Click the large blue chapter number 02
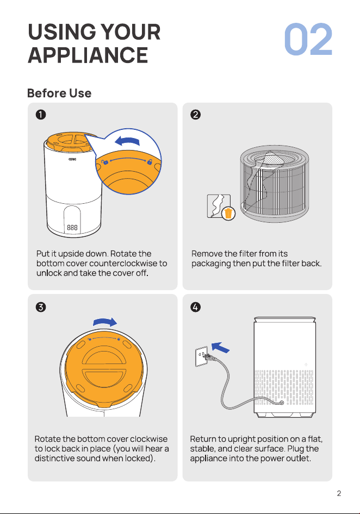tap(308, 39)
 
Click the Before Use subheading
tap(59, 93)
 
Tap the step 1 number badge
tap(41, 115)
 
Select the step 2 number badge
tap(196, 115)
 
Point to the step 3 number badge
tap(41, 307)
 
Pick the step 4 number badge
tap(196, 307)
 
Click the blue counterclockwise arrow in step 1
tap(127, 141)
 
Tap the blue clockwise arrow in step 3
tap(105, 322)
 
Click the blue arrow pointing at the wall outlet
tap(220, 347)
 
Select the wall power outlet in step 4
tap(201, 356)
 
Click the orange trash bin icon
tap(228, 214)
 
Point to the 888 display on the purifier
tap(72, 227)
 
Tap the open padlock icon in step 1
tap(105, 162)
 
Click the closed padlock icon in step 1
tap(150, 161)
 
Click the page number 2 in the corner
tap(339, 493)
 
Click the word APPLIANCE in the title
tap(88, 55)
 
